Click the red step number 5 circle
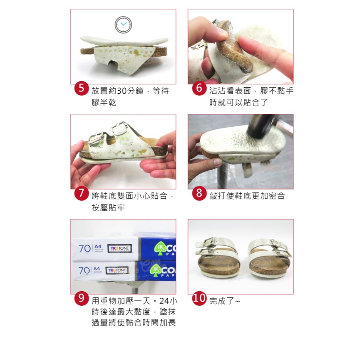tap(82, 89)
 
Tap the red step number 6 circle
tap(199, 89)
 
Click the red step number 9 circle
tap(82, 299)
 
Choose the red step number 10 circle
tap(199, 299)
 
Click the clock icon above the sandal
tap(123, 25)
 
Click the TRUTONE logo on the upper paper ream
tap(119, 249)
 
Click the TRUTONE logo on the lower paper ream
tap(116, 270)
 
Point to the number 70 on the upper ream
tap(84, 249)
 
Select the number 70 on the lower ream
tap(84, 270)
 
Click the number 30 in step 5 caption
tap(121, 91)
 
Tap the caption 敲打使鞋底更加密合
tap(247, 196)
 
